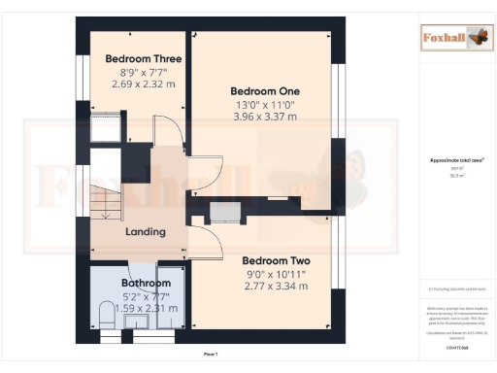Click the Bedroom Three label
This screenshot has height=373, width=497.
144,59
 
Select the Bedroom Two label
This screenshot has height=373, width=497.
276,261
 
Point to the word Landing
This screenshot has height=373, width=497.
146,231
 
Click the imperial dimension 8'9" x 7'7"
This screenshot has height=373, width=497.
144,72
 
